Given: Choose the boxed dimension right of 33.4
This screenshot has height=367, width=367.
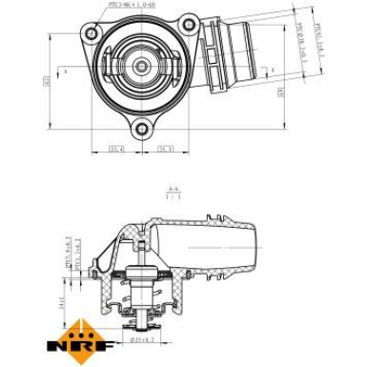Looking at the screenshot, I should [163, 148].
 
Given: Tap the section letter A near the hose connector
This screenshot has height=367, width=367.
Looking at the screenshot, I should [272, 70].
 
